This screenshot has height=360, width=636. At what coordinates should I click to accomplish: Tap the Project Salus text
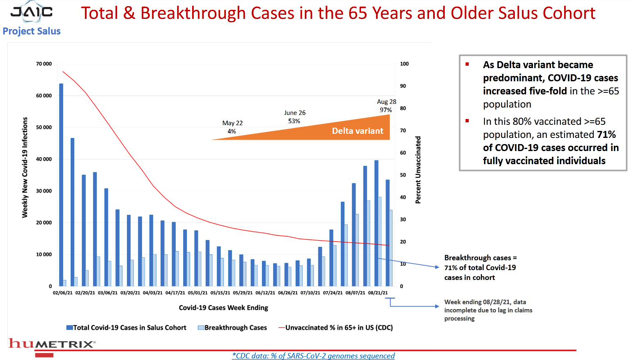coord(32,31)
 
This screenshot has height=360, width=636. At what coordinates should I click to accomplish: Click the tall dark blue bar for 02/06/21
coord(61,185)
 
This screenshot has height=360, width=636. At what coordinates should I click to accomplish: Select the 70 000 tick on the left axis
coord(44,64)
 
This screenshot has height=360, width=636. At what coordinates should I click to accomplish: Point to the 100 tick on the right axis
coord(404,64)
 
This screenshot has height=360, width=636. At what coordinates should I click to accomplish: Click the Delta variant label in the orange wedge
coord(357,131)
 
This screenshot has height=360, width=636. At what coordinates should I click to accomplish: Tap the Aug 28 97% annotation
coord(386,106)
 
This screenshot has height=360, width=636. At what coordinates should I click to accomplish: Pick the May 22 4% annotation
coord(232,127)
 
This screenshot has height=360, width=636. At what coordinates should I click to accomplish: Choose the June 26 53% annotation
coord(294,117)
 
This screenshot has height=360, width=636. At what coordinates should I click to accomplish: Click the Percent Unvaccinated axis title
coord(418,170)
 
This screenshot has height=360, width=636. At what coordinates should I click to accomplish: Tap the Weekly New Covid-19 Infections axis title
coord(25,167)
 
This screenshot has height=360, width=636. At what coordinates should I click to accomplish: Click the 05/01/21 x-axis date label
coord(198,293)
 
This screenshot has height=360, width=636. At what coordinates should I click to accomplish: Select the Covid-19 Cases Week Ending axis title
coord(223,308)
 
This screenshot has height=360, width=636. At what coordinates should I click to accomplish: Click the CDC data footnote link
coord(313,356)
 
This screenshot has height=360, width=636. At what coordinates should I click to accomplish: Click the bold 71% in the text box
coord(606,135)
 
